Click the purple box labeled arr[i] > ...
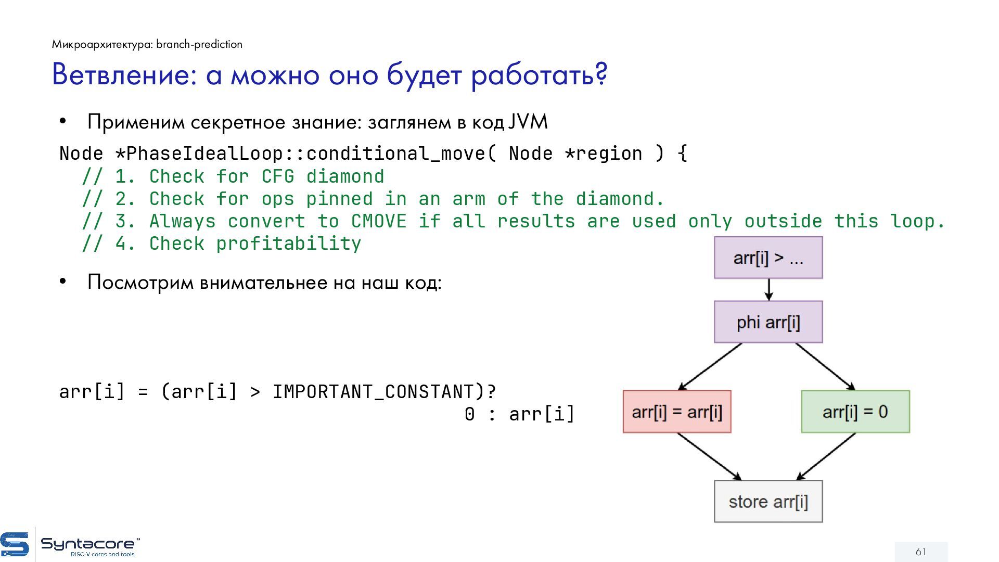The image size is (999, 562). point(768,258)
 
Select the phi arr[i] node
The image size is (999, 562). point(768,322)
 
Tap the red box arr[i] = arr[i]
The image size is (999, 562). point(677,412)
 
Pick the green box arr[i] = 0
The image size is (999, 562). point(855,412)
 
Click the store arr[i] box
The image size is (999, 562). point(768,502)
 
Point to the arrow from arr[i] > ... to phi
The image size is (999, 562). point(769,289)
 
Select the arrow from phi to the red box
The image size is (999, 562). point(710,366)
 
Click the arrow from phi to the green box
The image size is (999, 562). point(825,366)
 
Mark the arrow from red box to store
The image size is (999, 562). point(709,456)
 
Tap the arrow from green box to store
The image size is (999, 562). point(826,456)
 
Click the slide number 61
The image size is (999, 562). point(921,552)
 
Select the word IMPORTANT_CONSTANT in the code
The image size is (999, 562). point(373,392)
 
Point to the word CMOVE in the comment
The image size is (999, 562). point(378,221)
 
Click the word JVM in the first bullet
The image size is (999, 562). point(528,122)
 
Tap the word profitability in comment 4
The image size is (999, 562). point(288,244)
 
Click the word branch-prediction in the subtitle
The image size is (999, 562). point(199,44)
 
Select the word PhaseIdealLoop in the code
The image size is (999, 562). point(204,154)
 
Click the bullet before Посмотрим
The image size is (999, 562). point(63,282)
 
